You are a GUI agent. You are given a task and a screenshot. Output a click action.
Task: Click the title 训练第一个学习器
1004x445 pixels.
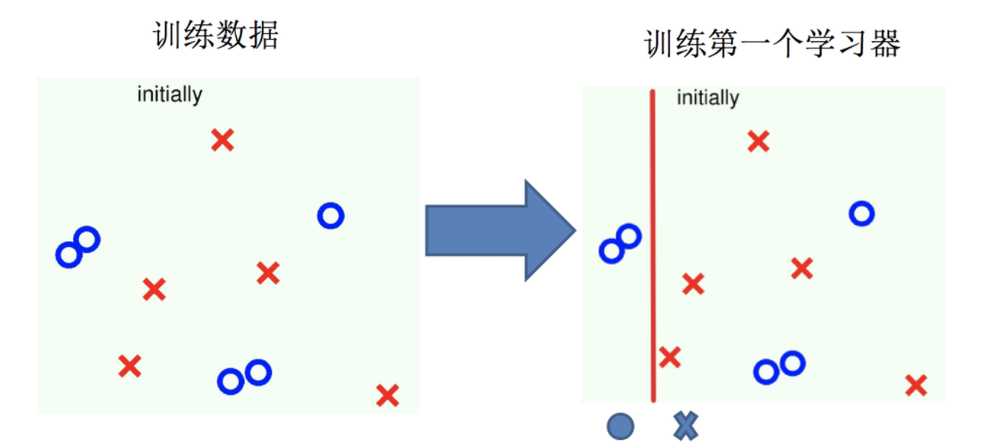point(772,44)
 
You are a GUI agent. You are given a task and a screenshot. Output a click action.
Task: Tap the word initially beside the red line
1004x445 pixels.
point(708,97)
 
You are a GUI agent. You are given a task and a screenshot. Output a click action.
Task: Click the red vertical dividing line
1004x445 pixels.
point(653,243)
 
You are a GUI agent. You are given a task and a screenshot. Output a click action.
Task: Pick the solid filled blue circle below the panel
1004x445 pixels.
point(620,426)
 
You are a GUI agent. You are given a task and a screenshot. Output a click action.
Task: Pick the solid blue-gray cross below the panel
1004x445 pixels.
point(686,426)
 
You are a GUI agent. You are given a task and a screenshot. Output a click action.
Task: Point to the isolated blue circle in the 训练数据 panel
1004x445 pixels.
point(330,215)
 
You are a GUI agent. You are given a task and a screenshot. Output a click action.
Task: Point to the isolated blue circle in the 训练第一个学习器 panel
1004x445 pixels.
point(861,212)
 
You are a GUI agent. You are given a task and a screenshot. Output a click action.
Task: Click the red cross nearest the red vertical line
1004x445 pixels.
point(670,356)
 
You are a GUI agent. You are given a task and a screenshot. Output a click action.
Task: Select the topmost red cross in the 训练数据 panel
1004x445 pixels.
point(222,140)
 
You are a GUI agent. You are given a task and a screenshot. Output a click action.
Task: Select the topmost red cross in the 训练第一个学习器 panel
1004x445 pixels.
point(758,141)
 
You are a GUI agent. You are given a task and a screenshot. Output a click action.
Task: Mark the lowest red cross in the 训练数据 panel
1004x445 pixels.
point(387,395)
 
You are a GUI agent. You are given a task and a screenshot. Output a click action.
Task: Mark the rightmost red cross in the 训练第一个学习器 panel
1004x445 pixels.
point(915,385)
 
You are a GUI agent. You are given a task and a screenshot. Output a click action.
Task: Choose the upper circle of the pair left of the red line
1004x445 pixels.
point(629,235)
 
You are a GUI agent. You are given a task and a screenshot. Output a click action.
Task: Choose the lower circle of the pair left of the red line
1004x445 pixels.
point(611,250)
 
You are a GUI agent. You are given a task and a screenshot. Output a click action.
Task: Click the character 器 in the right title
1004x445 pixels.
point(885,44)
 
